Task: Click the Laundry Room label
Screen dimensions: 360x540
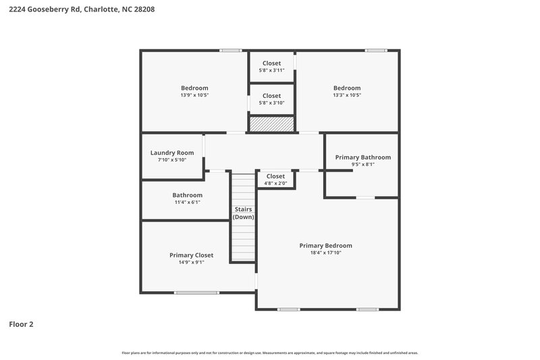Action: tap(171, 153)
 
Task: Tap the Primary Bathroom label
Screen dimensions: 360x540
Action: tap(362, 157)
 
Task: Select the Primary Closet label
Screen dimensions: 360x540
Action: tap(191, 255)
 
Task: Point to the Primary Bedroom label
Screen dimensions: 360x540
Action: tap(325, 246)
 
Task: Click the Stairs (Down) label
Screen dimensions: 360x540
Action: tap(243, 213)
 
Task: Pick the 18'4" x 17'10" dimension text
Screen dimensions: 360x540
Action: tap(325, 253)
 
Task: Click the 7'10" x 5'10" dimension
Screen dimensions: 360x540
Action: tap(171, 160)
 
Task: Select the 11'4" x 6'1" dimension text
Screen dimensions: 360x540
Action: tap(187, 202)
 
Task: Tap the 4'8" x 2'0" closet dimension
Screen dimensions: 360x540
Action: tap(275, 183)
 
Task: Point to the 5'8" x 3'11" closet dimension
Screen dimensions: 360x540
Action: tap(271, 70)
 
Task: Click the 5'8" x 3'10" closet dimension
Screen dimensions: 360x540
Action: tap(271, 103)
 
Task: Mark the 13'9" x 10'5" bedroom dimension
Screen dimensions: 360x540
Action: tap(194, 95)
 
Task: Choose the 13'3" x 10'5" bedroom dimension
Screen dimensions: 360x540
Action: tap(347, 95)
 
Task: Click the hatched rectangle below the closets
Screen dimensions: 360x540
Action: tap(271, 124)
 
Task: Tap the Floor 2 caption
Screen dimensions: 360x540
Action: tap(21, 324)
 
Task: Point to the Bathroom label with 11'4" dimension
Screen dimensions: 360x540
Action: tap(187, 195)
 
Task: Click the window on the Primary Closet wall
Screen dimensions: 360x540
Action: tap(196, 292)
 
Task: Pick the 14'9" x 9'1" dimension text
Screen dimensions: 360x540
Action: tap(191, 262)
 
